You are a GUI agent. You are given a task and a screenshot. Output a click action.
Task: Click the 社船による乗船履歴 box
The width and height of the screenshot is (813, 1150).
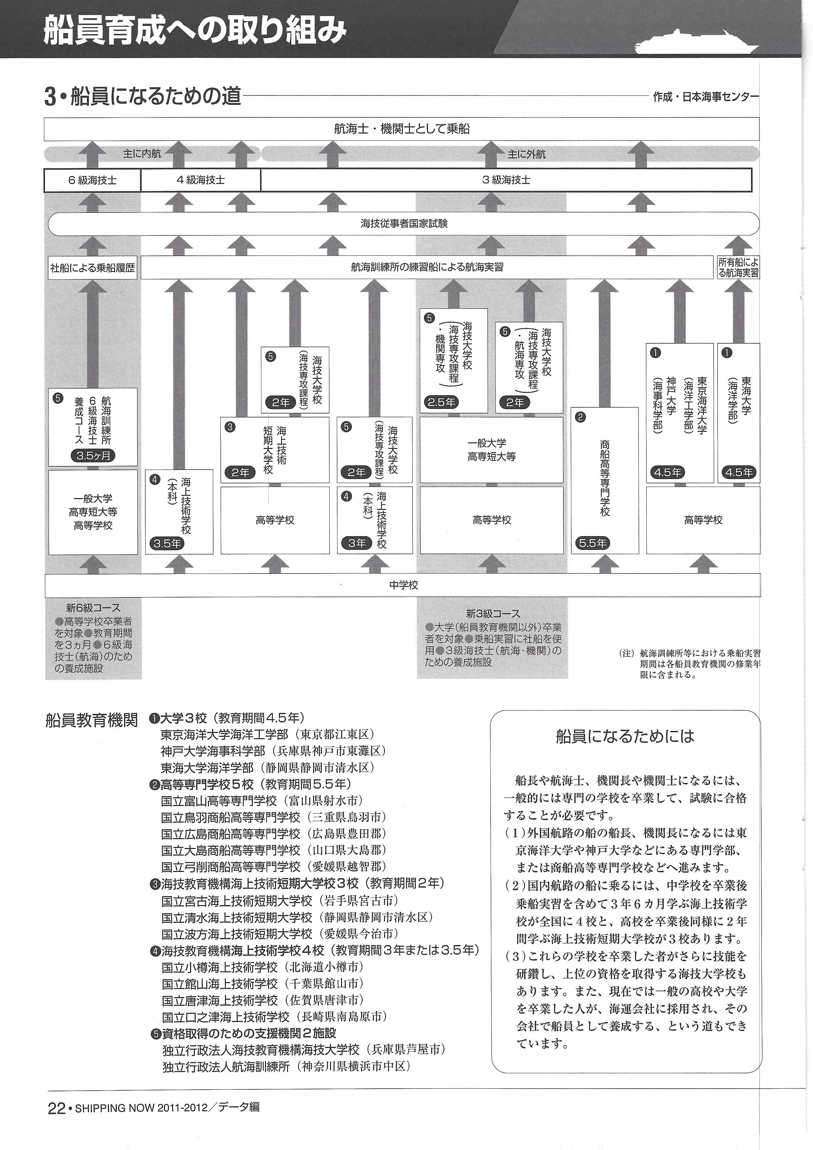pos(93,268)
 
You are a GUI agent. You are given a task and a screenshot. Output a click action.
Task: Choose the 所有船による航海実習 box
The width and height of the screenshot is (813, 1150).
pos(738,268)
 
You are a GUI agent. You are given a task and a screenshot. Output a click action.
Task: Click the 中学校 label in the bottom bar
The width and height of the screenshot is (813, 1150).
pos(404,585)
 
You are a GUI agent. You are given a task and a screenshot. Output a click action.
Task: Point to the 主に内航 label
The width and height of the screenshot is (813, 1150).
pos(142,154)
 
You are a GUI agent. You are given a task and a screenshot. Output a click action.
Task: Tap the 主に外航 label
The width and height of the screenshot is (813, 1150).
pos(526,154)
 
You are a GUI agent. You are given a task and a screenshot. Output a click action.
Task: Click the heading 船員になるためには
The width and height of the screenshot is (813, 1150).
pos(625,736)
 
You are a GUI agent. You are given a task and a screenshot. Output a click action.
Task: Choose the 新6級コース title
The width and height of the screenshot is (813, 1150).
pos(93,608)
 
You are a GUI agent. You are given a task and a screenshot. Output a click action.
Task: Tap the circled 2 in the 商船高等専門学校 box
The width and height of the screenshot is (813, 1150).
pos(580,417)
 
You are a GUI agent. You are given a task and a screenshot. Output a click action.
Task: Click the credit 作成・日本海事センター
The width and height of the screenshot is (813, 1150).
pos(705,97)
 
